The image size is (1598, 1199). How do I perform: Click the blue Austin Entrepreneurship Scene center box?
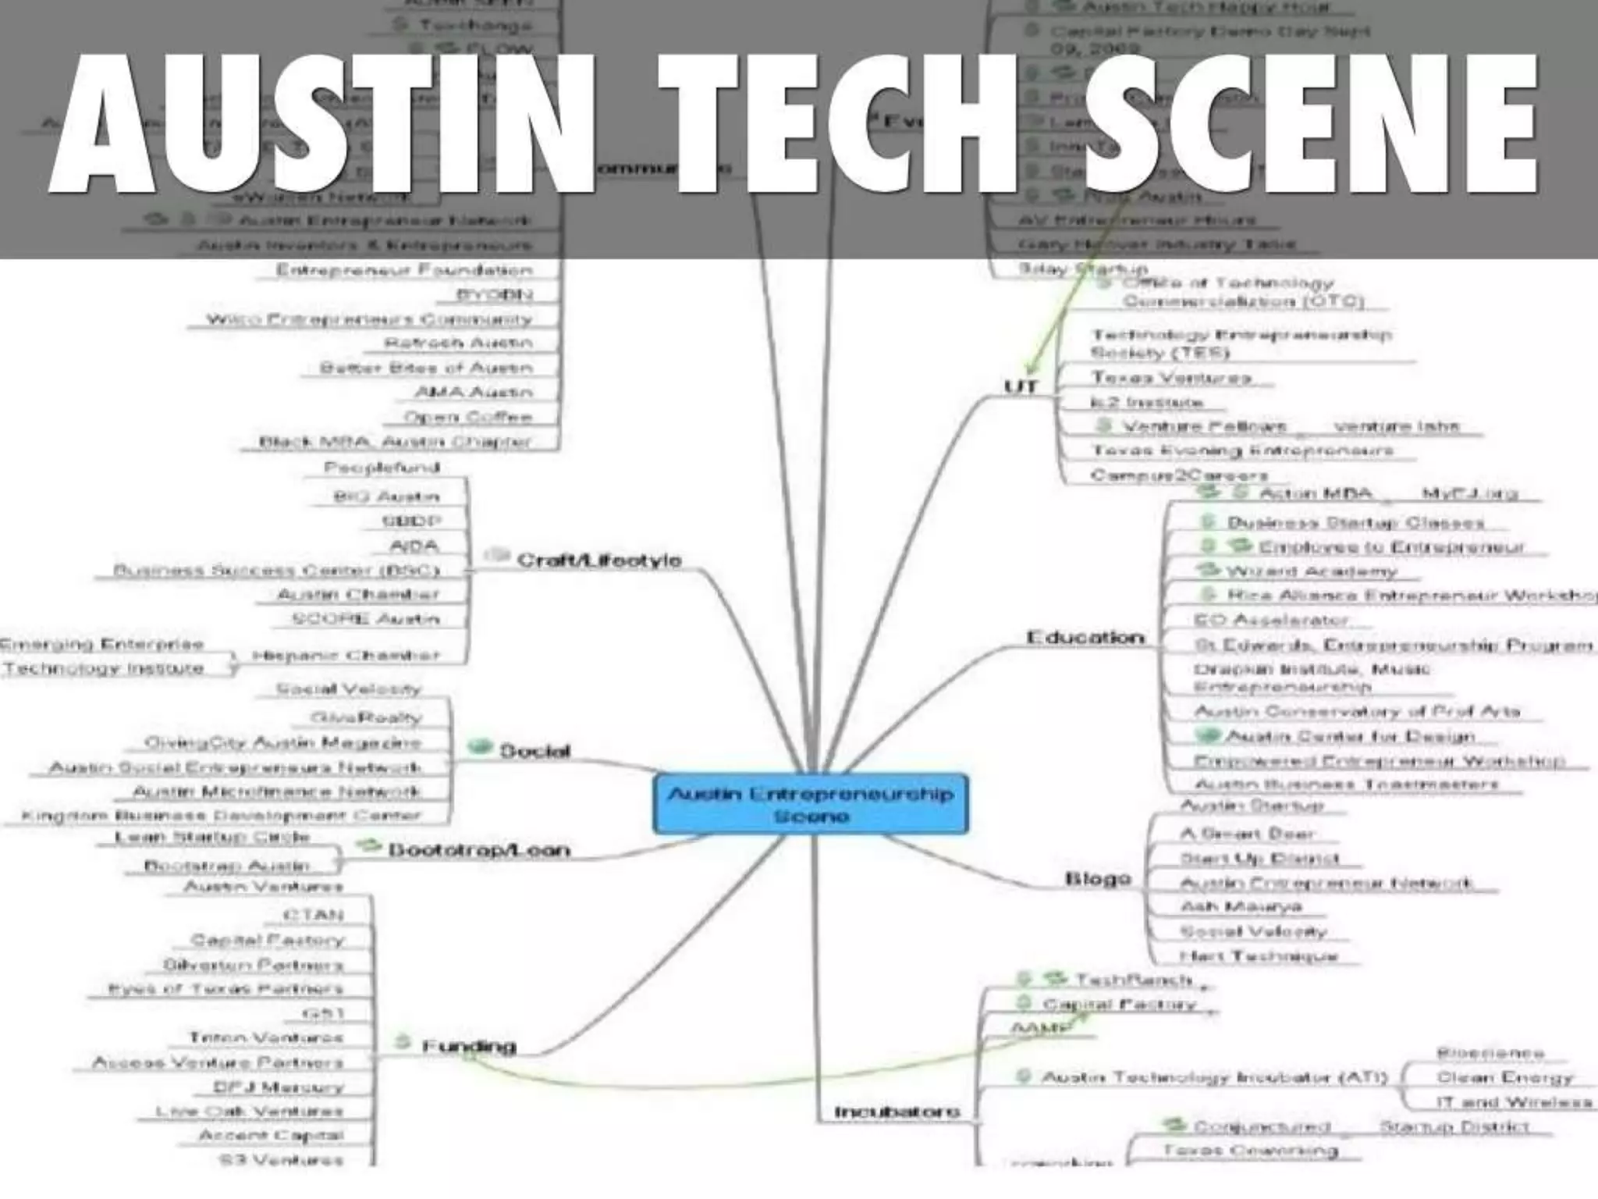(811, 805)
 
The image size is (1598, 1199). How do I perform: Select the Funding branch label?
(469, 1046)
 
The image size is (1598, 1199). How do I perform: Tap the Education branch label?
(1085, 638)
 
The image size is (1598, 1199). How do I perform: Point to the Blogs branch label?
(1098, 879)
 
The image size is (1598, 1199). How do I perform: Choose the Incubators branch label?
(897, 1112)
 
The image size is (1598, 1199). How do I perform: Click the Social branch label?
(534, 751)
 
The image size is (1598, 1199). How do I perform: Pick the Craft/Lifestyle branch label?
(598, 560)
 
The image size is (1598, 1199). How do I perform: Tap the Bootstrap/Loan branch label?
(479, 849)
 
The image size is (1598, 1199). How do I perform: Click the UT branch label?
(1021, 387)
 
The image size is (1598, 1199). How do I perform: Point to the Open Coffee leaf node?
(468, 417)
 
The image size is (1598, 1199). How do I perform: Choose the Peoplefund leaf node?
(382, 468)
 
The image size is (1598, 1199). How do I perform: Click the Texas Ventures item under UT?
(1170, 378)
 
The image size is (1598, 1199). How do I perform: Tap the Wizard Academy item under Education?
(1311, 571)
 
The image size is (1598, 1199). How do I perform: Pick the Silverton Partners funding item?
(253, 965)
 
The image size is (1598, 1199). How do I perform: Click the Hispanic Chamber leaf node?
(346, 656)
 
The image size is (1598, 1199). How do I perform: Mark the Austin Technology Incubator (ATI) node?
(1214, 1078)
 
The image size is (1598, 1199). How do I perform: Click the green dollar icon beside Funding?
(403, 1042)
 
